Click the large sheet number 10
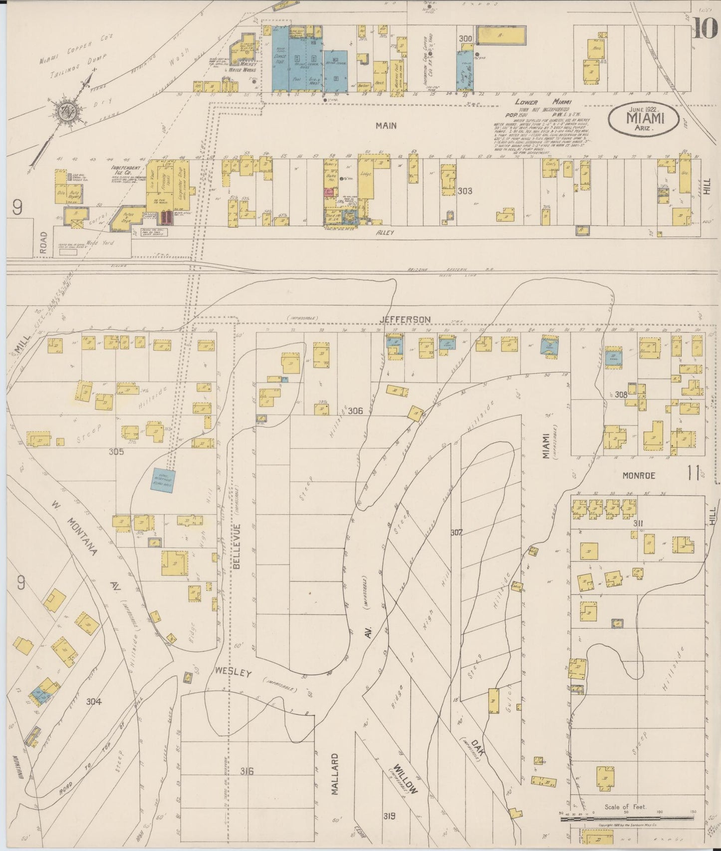point(705,27)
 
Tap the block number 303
point(465,191)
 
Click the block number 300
point(466,38)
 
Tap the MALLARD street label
point(335,781)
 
